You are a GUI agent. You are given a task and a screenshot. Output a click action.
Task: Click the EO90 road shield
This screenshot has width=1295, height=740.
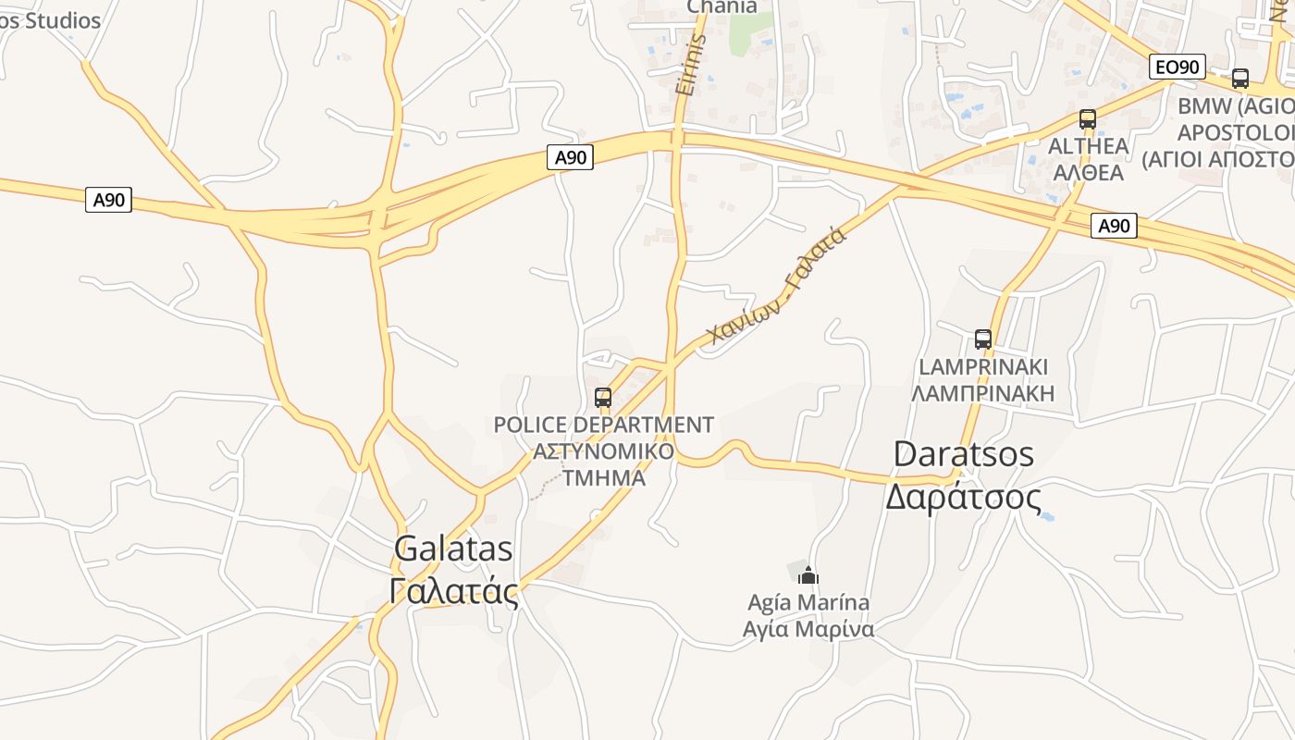[1178, 67]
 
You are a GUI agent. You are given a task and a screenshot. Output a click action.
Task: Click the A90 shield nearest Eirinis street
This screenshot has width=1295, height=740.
[570, 157]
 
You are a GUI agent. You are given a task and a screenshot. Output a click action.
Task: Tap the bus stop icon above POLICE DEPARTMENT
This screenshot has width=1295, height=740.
[603, 398]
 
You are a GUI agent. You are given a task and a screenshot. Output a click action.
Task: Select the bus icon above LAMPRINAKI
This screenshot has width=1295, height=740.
[982, 339]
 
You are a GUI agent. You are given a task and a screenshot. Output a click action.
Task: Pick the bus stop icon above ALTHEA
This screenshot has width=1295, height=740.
[1087, 119]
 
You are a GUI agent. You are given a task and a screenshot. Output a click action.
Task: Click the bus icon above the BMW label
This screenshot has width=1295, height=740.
[1239, 79]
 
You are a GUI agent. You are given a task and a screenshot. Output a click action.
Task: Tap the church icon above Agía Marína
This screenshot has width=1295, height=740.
[808, 575]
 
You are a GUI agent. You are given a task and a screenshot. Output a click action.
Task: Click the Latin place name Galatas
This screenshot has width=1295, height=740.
[453, 549]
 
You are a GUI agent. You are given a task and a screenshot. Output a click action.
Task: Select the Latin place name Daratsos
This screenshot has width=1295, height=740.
[964, 454]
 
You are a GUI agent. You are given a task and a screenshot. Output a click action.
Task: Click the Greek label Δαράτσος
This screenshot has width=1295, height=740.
[964, 497]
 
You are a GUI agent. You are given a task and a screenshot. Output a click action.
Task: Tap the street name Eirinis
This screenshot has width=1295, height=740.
[691, 67]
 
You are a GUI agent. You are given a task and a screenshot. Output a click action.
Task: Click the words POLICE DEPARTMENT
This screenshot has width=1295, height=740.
[603, 425]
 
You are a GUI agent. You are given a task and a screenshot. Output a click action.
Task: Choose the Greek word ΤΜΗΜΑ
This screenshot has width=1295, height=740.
[603, 478]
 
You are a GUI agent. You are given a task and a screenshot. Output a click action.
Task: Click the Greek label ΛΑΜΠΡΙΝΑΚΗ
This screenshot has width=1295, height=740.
[982, 393]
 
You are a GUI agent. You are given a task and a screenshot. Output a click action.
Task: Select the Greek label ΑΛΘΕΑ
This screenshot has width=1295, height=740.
[1088, 173]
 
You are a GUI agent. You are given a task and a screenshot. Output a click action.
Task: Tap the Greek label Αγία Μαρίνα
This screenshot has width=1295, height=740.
[808, 630]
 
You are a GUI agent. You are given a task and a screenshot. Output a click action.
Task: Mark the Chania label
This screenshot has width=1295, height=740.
[722, 7]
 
